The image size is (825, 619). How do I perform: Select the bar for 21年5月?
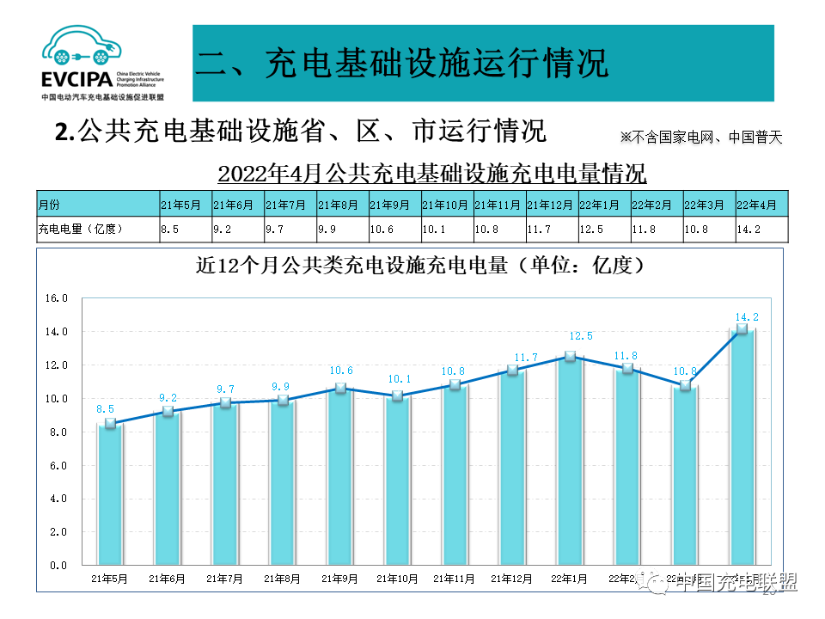(x=109, y=494)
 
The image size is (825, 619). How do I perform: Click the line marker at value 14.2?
(x=742, y=329)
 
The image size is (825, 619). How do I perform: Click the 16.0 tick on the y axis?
(x=57, y=298)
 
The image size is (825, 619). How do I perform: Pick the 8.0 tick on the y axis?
(x=57, y=432)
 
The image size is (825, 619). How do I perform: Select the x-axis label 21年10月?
(x=397, y=579)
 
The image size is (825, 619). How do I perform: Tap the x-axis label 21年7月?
(x=224, y=579)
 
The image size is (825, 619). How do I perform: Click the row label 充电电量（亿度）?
(x=82, y=229)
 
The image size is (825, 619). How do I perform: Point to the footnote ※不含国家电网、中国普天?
(x=701, y=138)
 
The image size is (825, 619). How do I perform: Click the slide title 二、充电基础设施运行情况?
(x=402, y=64)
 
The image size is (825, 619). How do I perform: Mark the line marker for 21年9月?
(x=339, y=389)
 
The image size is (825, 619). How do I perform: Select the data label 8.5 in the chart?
(x=106, y=409)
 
